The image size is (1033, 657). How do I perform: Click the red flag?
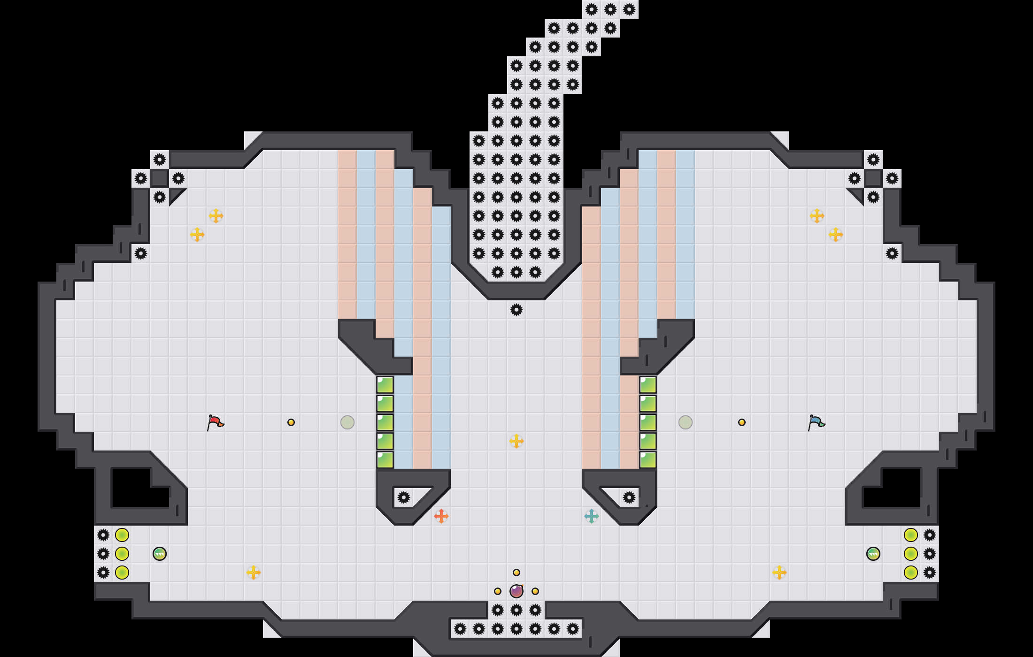[x=215, y=422]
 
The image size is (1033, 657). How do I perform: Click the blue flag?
[x=816, y=422]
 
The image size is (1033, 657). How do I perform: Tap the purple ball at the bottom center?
[x=516, y=591]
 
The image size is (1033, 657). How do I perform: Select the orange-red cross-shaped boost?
[x=441, y=516]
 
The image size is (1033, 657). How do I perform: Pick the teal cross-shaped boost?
[x=592, y=516]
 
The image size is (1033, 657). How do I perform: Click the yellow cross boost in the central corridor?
[x=516, y=441]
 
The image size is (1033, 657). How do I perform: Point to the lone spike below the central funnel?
[x=516, y=310]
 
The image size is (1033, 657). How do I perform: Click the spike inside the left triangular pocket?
[x=404, y=497]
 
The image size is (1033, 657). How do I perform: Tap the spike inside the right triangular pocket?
[x=629, y=497]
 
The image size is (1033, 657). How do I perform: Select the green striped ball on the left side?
[x=160, y=554]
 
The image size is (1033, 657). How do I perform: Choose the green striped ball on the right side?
[x=873, y=554]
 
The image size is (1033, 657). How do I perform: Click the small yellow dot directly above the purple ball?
[x=516, y=573]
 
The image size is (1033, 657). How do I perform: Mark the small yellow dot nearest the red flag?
[x=291, y=422]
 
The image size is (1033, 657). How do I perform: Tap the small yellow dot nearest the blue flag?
[x=742, y=422]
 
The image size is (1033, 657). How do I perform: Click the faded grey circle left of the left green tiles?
[x=347, y=422]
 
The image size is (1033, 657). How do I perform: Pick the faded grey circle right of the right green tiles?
[x=686, y=422]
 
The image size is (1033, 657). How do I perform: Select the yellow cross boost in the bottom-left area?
[x=254, y=573]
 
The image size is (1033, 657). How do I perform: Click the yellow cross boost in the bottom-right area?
[x=779, y=573]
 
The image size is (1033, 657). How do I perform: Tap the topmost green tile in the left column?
[x=385, y=385]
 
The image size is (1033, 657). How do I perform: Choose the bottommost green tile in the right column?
[x=648, y=460]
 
